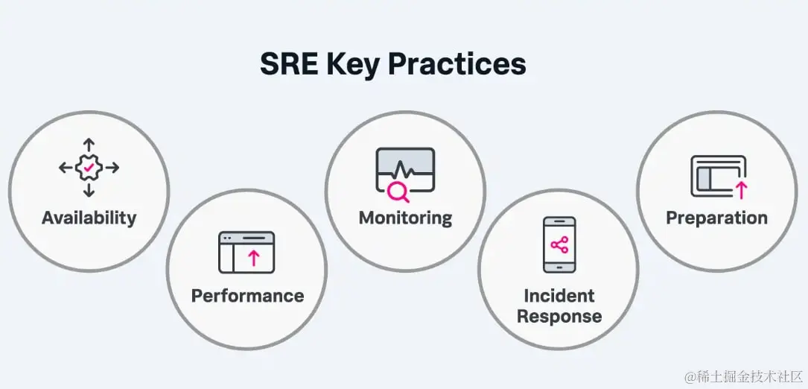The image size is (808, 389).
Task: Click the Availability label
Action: click(89, 218)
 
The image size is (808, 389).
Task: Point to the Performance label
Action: click(247, 296)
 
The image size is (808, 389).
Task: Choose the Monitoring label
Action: click(405, 218)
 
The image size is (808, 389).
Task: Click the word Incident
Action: click(559, 296)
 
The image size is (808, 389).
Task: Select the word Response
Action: click(559, 316)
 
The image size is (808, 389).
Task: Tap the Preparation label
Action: click(717, 218)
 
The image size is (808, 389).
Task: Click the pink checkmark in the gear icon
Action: click(89, 167)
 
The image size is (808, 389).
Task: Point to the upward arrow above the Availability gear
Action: click(89, 145)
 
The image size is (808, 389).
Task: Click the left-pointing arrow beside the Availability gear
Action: click(66, 168)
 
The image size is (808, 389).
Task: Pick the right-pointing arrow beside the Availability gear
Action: click(112, 168)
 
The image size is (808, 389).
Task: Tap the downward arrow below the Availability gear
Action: click(89, 190)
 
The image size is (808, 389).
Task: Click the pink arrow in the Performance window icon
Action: click(253, 257)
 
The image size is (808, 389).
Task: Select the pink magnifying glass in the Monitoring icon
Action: click(398, 192)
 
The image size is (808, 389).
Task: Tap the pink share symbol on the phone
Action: click(559, 245)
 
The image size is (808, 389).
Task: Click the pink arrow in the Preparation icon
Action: click(741, 190)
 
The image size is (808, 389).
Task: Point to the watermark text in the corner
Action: click(744, 376)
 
